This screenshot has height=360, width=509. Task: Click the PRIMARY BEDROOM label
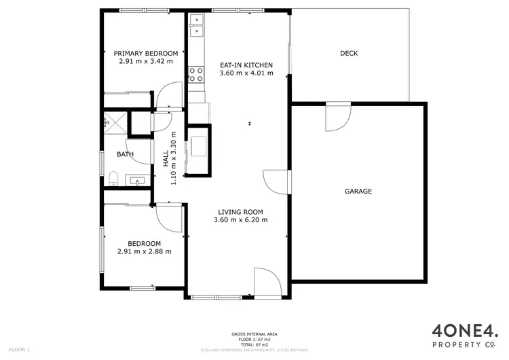tap(145, 54)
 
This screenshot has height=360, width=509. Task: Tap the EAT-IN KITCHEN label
tap(246, 66)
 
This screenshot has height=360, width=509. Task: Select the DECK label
tap(349, 54)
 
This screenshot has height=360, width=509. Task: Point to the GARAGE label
tap(358, 192)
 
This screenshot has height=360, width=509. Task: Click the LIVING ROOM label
tap(240, 211)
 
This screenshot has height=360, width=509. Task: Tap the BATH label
tap(125, 154)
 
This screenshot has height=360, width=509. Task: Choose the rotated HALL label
tap(166, 158)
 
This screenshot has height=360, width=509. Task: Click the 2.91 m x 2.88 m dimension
tap(144, 251)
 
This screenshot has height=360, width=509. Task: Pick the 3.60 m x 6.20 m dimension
tap(240, 219)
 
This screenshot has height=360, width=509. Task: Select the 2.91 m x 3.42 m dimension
tap(145, 61)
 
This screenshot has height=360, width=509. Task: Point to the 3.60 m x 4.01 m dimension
tap(246, 73)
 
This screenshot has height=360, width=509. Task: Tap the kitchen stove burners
tap(197, 73)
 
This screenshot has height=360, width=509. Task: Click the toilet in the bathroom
tap(113, 179)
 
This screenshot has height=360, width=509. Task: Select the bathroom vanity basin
tap(138, 181)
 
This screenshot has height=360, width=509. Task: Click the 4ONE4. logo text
tap(464, 331)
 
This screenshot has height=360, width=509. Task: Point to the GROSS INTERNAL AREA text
tap(254, 334)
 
